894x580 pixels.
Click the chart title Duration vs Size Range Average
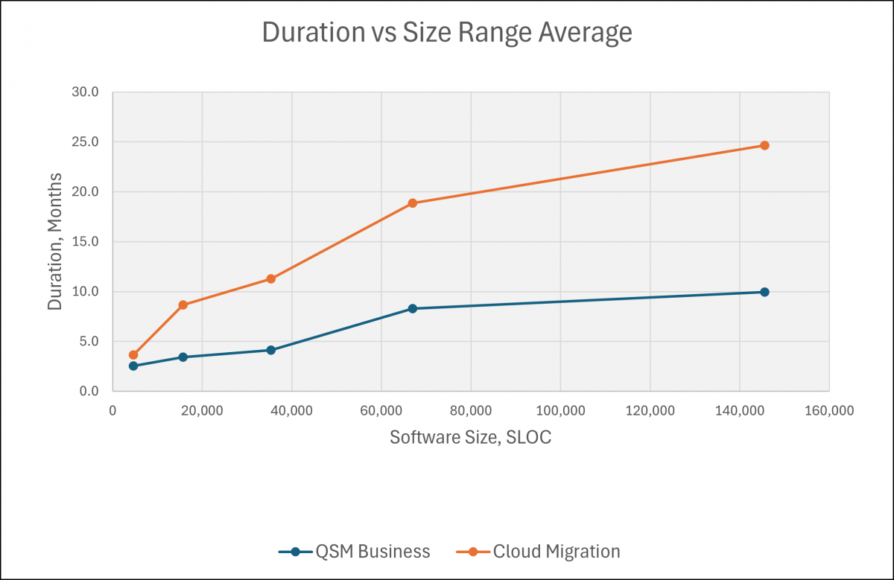(446, 34)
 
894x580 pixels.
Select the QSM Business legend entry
(355, 552)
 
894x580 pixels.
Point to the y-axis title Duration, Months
(55, 241)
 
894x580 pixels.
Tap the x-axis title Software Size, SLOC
(470, 437)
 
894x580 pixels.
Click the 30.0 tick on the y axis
(85, 92)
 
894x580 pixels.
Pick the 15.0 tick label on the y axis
(85, 242)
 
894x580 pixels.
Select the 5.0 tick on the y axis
(88, 342)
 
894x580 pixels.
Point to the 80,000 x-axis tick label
(470, 410)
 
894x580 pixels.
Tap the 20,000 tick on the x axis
(202, 410)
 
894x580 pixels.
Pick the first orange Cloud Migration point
(133, 355)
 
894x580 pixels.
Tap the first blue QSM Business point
(133, 366)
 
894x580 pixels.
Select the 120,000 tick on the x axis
(650, 410)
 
